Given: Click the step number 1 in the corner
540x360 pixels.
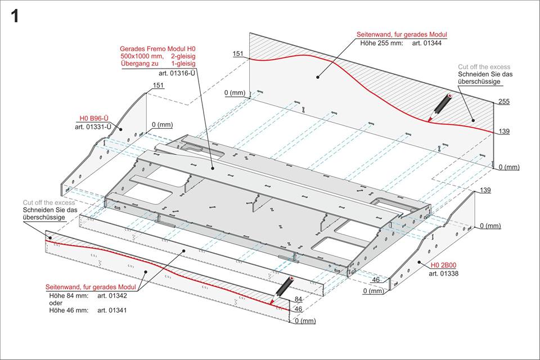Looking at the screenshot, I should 15,16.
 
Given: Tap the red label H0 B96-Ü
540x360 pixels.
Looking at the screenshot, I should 93,119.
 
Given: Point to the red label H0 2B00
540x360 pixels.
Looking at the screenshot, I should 443,265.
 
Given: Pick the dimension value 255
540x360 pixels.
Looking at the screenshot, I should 503,102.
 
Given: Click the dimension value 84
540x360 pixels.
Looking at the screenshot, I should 298,299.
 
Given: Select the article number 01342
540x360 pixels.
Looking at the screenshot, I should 112,295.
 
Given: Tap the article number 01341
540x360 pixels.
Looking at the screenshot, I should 112,310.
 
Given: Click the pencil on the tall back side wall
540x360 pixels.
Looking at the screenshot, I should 439,107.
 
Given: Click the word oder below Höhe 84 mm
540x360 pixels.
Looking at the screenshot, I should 56,303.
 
